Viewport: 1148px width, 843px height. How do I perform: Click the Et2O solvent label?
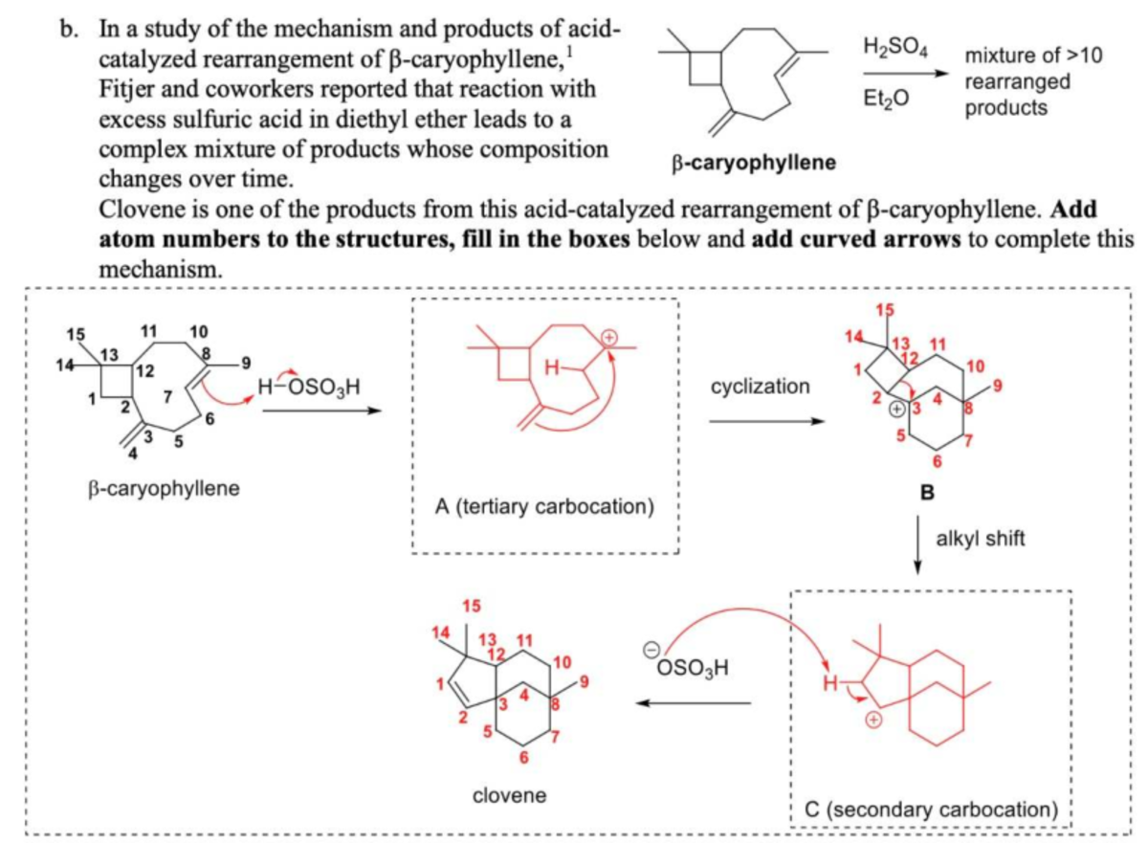coord(889,99)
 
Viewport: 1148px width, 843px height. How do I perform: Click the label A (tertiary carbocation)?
coord(543,506)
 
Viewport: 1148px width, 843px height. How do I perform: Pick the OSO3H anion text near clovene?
coord(690,668)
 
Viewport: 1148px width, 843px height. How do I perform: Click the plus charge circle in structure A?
coord(609,337)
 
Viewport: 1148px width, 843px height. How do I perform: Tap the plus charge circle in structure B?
coord(895,410)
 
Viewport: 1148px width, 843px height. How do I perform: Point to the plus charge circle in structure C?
coord(872,718)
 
